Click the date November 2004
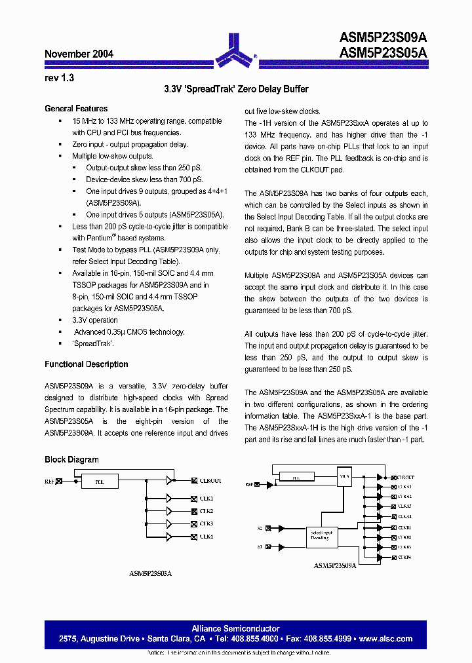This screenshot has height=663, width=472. [79, 54]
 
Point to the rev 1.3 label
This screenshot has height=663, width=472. [60, 77]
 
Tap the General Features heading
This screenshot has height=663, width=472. [76, 109]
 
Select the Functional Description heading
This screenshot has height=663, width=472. [86, 364]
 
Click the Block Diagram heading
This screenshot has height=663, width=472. [71, 460]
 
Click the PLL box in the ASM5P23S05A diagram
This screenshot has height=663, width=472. [99, 482]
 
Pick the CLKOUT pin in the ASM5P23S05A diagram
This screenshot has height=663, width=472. [210, 481]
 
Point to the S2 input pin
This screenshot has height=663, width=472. [260, 527]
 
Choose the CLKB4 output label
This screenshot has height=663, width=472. [404, 557]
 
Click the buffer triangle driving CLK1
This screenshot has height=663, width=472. [169, 499]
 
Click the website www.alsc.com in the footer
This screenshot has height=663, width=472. [386, 639]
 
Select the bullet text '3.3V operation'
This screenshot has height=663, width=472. [95, 320]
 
